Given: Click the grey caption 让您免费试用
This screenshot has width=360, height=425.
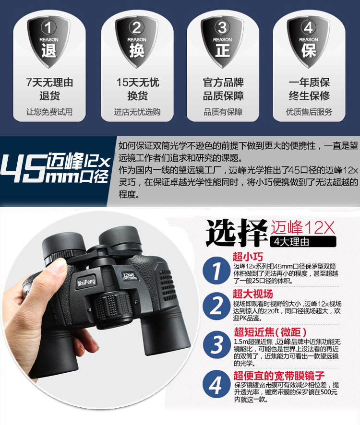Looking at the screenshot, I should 49,112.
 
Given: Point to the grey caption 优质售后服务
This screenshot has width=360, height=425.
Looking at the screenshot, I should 309,112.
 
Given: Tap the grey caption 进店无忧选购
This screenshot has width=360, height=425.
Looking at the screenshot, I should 137,112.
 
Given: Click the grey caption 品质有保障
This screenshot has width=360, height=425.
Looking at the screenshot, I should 223,112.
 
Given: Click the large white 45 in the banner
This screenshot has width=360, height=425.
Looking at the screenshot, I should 24,167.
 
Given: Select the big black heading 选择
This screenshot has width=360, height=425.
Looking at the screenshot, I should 237,232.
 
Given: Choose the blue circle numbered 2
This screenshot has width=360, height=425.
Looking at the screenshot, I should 216,306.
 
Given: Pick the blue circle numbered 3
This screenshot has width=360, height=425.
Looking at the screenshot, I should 216,344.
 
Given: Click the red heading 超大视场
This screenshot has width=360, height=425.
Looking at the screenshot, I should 252,294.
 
